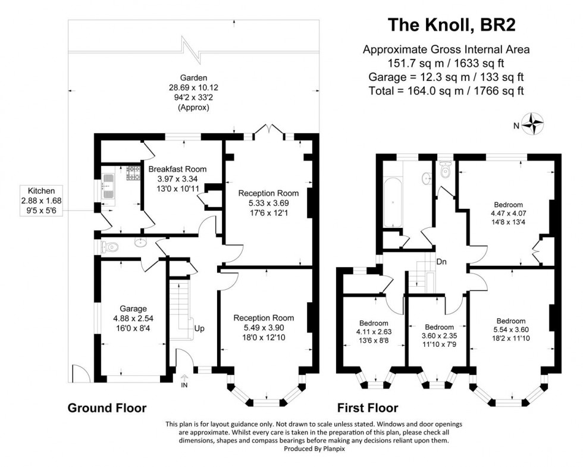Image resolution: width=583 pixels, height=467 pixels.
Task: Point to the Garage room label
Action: [133, 309]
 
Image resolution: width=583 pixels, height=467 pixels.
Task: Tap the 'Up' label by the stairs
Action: [200, 328]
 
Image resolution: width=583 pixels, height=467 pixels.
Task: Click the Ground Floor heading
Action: [107, 408]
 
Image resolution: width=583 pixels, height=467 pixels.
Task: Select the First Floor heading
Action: [368, 408]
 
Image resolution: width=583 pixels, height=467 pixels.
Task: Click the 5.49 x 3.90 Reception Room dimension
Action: [264, 328]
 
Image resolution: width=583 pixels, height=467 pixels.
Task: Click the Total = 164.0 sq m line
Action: [446, 90]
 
